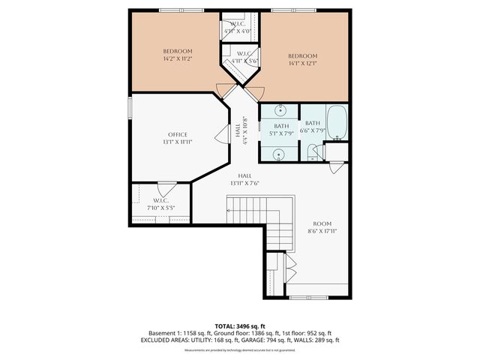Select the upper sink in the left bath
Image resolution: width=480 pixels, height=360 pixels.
click(279, 109)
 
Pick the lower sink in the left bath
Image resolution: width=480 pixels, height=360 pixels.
click(279, 154)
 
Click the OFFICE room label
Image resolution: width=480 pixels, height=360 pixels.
click(178, 134)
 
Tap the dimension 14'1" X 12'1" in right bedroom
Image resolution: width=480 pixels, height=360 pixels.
click(303, 64)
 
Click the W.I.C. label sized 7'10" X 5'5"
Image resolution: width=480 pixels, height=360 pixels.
click(160, 208)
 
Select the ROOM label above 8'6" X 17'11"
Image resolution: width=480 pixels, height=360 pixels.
click(322, 223)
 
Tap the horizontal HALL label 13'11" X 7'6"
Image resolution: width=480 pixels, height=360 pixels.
click(245, 178)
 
